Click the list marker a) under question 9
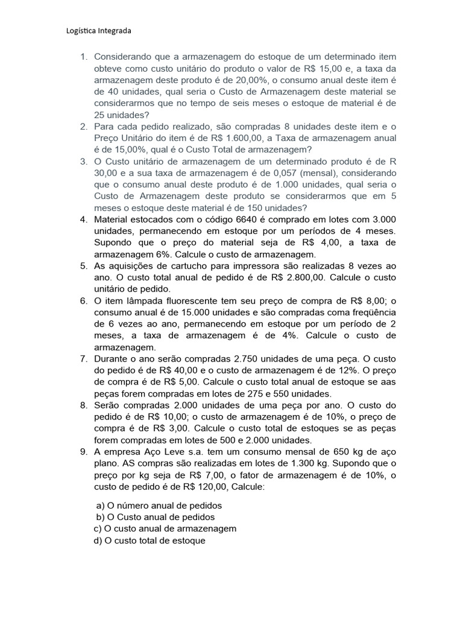tap(100, 506)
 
